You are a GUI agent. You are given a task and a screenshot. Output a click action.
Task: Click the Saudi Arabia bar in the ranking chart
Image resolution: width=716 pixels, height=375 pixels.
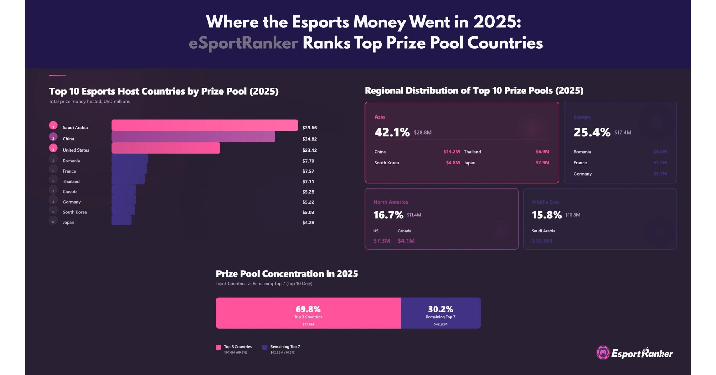click(204, 125)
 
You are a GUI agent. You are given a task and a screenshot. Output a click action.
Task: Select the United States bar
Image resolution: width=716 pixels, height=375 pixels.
click(166, 148)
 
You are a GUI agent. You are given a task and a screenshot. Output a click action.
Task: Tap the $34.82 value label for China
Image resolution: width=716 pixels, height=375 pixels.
click(309, 139)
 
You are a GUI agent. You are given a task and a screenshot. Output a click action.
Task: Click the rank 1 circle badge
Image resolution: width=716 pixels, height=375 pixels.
click(53, 126)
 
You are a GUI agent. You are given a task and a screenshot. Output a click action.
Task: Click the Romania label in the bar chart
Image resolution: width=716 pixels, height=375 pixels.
click(71, 161)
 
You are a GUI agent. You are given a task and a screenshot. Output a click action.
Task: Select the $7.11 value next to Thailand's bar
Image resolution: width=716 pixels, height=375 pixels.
click(308, 181)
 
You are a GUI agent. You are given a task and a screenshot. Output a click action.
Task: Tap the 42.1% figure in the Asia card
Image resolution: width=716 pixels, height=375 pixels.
click(392, 132)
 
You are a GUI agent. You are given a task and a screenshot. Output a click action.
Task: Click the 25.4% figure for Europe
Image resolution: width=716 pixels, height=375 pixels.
click(592, 132)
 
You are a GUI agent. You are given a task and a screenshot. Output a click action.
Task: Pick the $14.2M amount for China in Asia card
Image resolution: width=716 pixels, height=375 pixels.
click(451, 152)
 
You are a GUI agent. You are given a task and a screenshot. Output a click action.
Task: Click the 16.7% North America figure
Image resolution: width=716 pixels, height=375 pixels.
click(388, 215)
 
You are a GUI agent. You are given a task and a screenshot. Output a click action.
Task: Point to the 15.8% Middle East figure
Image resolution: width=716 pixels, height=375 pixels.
click(546, 215)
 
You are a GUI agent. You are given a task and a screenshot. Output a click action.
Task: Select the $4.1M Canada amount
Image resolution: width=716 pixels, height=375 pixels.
click(406, 241)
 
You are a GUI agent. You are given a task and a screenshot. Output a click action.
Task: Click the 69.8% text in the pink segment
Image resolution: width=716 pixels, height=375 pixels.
click(308, 309)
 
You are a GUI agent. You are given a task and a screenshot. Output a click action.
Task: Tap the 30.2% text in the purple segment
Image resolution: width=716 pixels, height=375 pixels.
click(440, 309)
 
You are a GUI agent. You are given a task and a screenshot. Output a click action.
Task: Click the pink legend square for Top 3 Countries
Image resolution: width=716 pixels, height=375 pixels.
click(218, 347)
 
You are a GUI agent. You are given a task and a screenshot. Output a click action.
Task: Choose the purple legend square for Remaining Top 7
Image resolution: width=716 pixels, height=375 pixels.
click(265, 347)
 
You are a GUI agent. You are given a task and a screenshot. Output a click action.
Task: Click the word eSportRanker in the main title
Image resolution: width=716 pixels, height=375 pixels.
click(243, 43)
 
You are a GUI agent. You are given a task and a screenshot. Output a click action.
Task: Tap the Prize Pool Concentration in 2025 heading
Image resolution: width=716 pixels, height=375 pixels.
click(287, 273)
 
